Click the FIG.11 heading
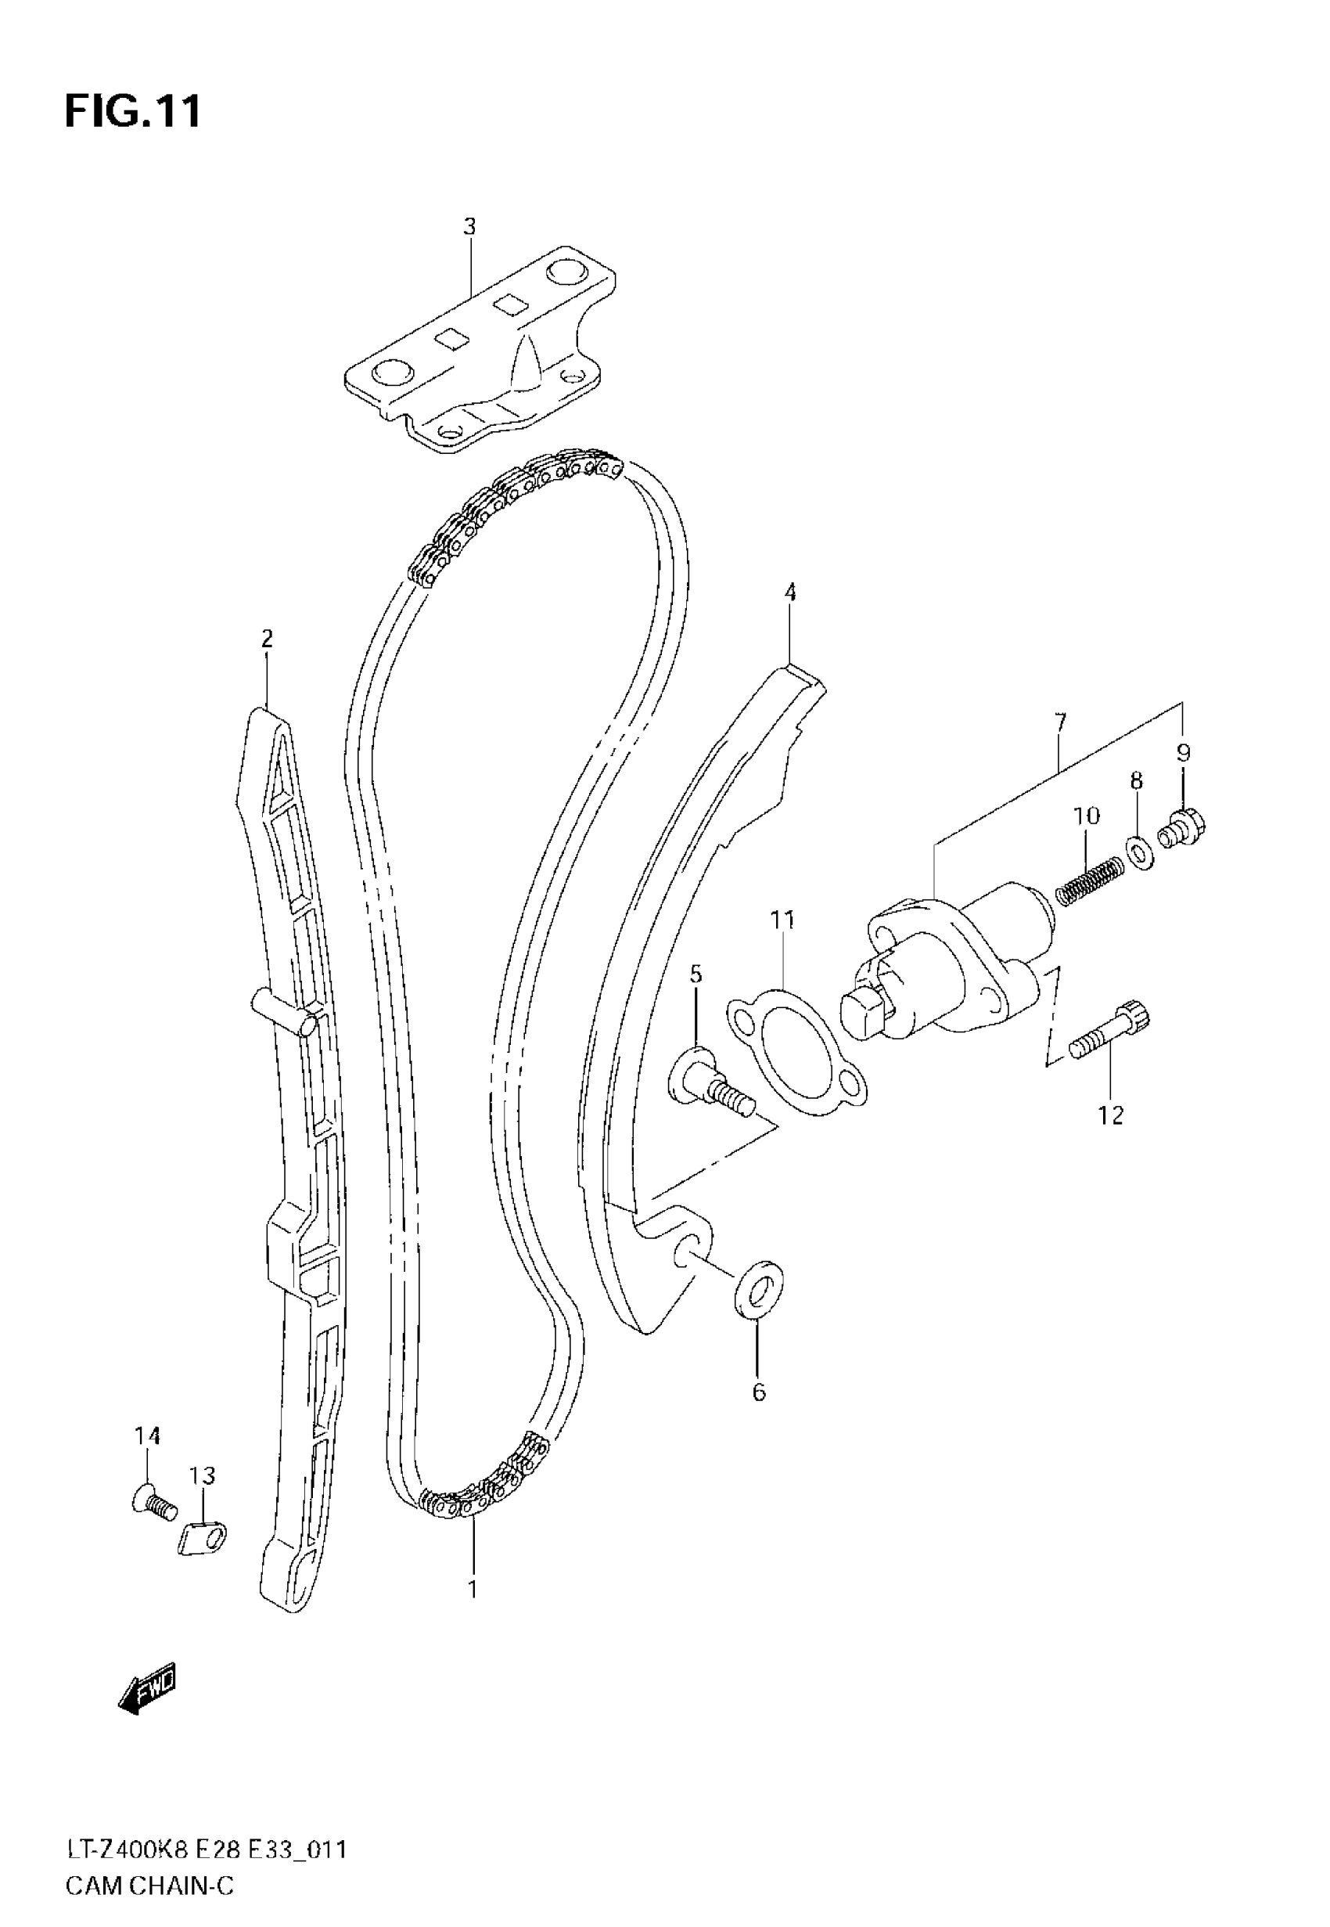coord(132,111)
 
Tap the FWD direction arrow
coord(149,1691)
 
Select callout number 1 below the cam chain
coord(473,1590)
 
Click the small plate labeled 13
coord(204,1538)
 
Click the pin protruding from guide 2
coord(285,1011)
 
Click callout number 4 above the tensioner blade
coord(790,593)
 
